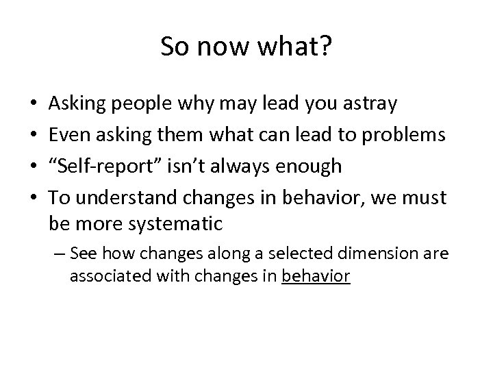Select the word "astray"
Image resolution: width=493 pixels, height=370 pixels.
(370, 104)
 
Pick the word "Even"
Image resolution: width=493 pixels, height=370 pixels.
(68, 135)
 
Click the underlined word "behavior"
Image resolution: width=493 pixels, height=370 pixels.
(316, 276)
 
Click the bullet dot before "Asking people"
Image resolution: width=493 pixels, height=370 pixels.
(34, 105)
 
